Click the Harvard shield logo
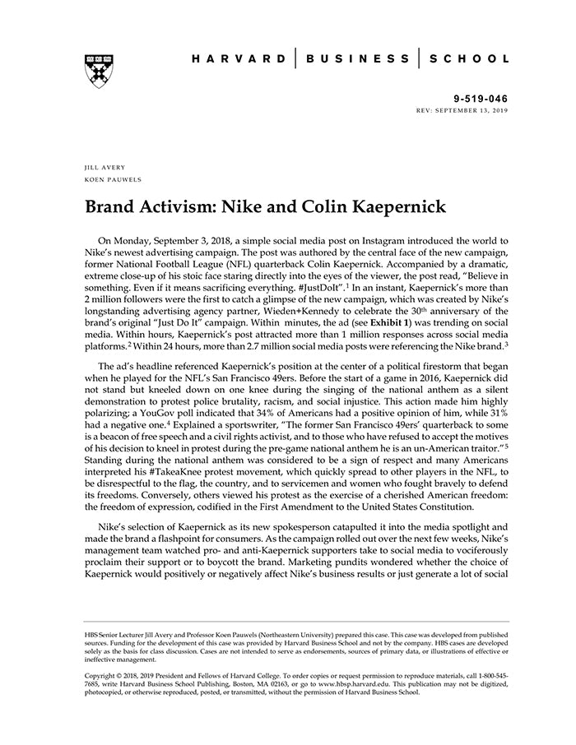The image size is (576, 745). coord(97,68)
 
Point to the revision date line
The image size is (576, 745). coord(463,109)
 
